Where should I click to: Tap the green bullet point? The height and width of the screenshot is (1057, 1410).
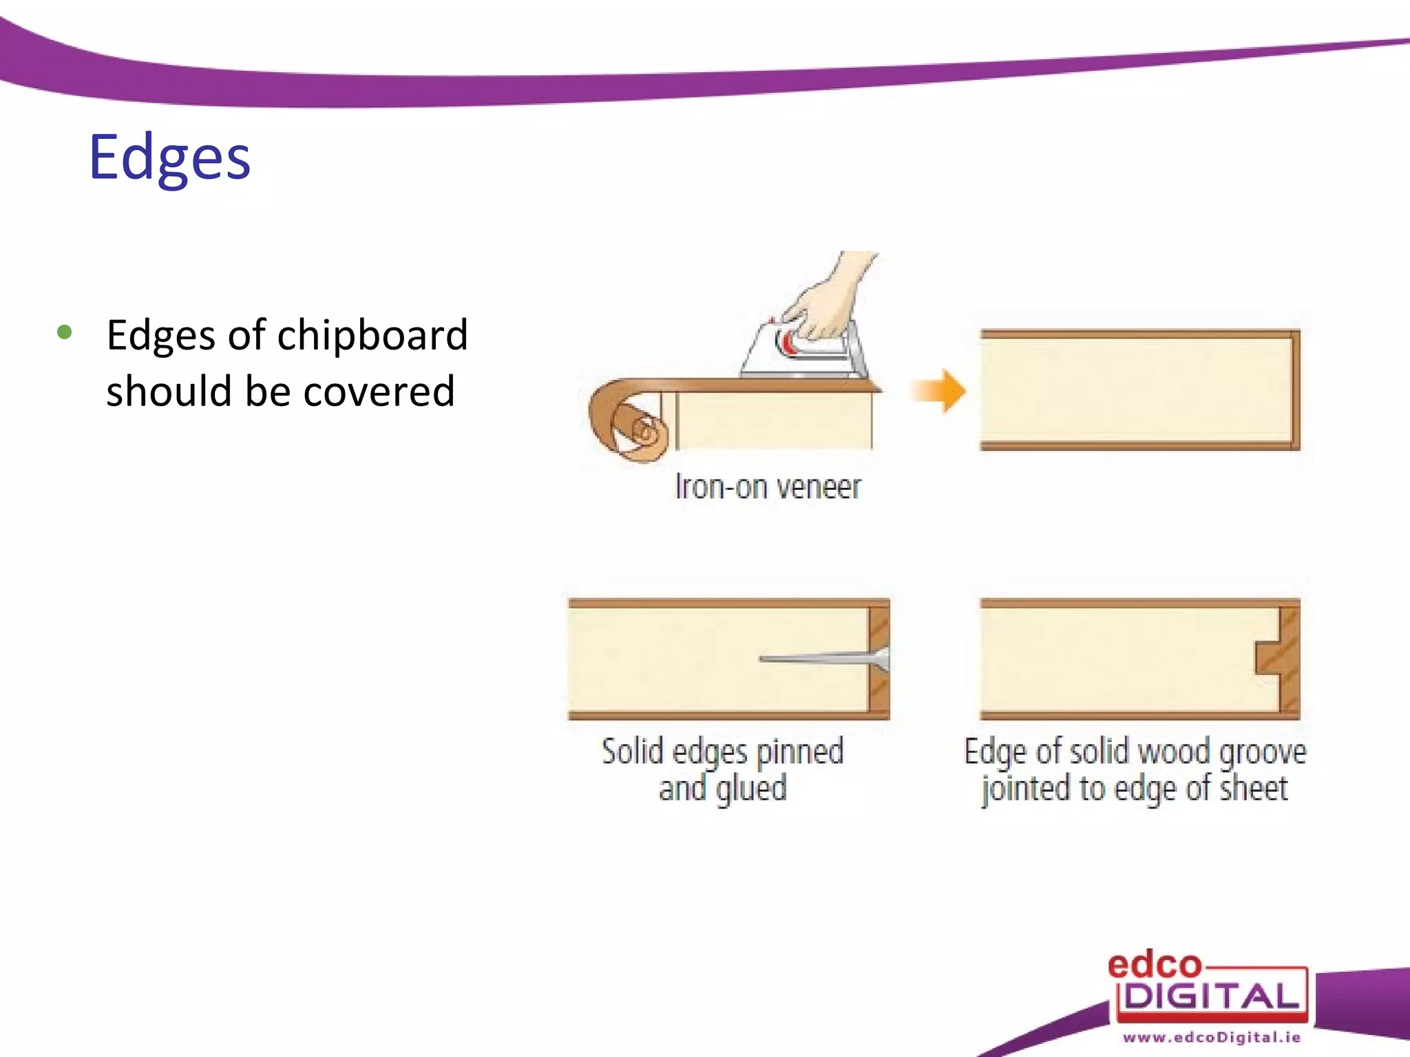[x=65, y=333]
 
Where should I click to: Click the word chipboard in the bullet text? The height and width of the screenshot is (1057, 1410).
[x=372, y=335]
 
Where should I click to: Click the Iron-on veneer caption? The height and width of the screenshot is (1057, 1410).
[x=768, y=487]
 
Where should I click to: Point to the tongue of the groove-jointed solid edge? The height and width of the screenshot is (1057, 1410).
[x=1267, y=659]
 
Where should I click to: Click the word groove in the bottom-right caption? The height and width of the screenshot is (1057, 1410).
[x=1263, y=752]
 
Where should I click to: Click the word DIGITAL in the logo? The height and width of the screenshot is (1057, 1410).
[x=1212, y=996]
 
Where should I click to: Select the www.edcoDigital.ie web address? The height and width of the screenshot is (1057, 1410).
[x=1212, y=1038]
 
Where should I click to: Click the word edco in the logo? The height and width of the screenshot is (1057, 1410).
[x=1154, y=965]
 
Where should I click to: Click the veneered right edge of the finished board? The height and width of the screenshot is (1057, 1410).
[x=1295, y=389]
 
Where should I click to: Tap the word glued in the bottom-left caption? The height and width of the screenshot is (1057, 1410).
[x=751, y=789]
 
